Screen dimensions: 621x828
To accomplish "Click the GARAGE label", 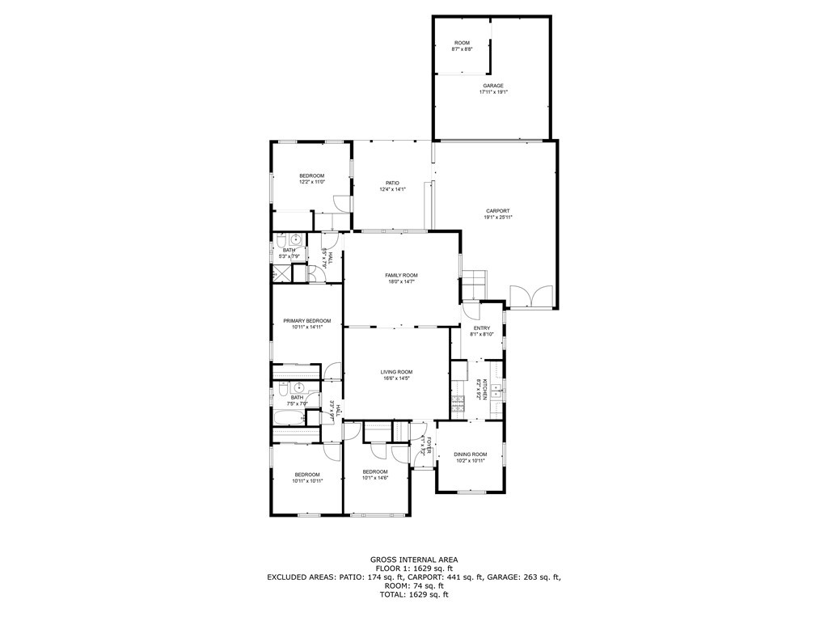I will pos(493,86).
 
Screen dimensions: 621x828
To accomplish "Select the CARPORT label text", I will pos(497,211).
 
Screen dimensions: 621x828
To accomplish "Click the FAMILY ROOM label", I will pos(401,276).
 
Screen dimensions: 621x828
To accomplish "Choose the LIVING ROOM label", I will pos(397,372).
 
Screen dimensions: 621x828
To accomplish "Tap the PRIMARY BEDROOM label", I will pos(306,321).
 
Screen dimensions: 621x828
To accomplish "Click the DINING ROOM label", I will pos(470,454).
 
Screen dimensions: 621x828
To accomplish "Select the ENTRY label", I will pos(482,327).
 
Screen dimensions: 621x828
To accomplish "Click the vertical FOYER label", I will pos(431,446).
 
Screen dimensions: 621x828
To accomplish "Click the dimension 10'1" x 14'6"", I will pos(375,478).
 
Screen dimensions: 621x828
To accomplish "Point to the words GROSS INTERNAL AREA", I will pos(414,560).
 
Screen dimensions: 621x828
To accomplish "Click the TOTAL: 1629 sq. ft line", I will pos(414,594).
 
